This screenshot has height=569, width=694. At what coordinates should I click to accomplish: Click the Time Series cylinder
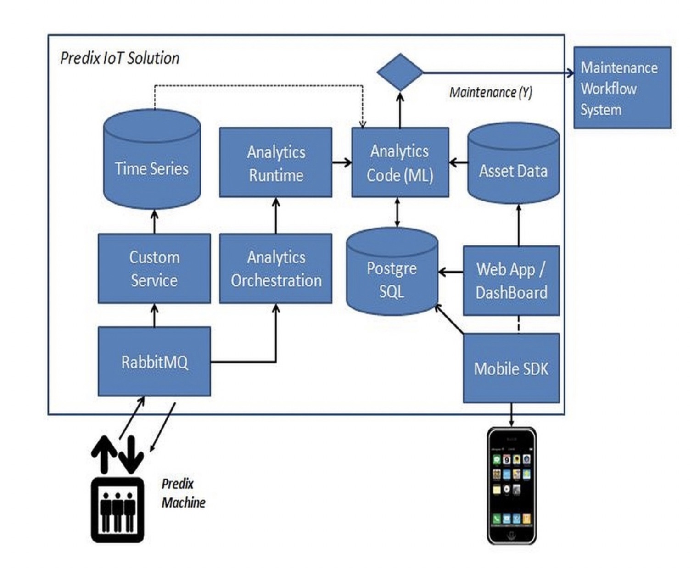(x=152, y=161)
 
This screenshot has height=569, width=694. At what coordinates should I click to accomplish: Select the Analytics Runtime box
(x=275, y=163)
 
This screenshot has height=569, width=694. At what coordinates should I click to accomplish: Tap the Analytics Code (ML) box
(x=400, y=163)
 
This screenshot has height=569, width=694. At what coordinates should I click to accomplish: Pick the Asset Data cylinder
(x=513, y=165)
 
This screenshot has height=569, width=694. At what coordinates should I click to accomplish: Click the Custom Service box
(x=154, y=269)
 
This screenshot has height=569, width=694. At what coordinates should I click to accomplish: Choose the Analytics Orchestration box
(x=275, y=269)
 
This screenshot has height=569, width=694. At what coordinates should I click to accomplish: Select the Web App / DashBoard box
(x=511, y=281)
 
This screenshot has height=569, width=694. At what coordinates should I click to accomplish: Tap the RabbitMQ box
(x=154, y=362)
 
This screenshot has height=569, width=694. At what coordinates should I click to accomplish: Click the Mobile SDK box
(x=511, y=368)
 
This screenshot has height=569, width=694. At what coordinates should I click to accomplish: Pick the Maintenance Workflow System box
(x=622, y=88)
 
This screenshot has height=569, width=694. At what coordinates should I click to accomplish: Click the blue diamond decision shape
(x=400, y=73)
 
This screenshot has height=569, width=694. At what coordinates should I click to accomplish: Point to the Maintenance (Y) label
(x=490, y=93)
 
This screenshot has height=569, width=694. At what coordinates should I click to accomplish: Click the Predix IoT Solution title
(x=120, y=58)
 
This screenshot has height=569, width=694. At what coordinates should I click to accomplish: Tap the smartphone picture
(x=511, y=485)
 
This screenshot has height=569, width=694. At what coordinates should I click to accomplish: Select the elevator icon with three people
(x=118, y=509)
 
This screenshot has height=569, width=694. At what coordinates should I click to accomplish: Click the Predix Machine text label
(x=183, y=493)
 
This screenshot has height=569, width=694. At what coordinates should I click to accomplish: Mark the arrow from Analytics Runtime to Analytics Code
(x=341, y=162)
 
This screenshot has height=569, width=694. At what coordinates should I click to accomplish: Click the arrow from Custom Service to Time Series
(x=155, y=222)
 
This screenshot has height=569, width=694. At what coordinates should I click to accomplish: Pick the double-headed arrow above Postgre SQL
(x=397, y=212)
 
